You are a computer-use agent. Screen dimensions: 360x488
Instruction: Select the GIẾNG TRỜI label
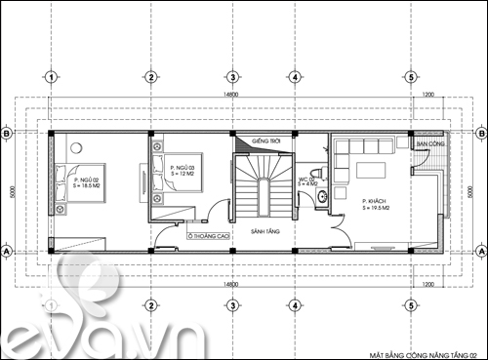pyautogui.click(x=266, y=142)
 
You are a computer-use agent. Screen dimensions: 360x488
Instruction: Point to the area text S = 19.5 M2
pyautogui.click(x=352, y=208)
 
